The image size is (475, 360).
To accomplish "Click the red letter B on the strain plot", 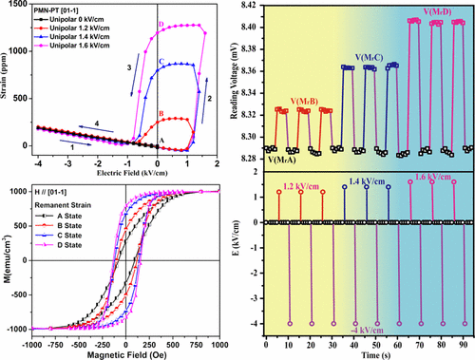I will click(x=161, y=115).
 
